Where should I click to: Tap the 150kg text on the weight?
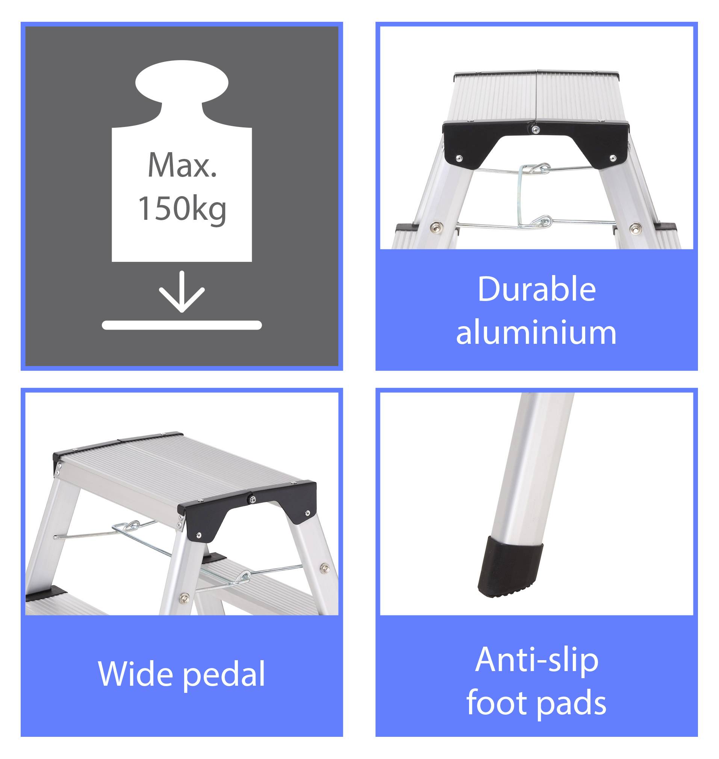pos(182,209)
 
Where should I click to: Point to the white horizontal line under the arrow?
pos(182,325)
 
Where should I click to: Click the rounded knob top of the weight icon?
pos(182,82)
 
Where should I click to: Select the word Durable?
pos(537,289)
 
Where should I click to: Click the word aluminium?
pos(536,332)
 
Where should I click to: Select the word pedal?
pos(223,674)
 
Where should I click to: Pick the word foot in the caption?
pos(497,702)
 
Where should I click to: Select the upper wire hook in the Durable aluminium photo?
pos(535,168)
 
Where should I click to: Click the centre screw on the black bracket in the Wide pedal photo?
pos(253,499)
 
